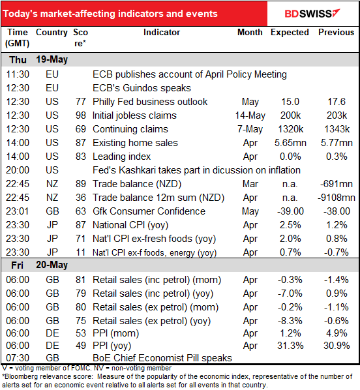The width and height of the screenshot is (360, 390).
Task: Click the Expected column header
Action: pyautogui.click(x=290, y=32)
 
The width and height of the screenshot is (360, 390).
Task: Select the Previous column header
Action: pyautogui.click(x=336, y=32)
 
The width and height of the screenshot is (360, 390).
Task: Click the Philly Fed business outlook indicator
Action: pyautogui.click(x=150, y=101)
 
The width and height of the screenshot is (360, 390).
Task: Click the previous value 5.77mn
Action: pyautogui.click(x=337, y=142)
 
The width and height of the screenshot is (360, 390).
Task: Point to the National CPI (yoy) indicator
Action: pyautogui.click(x=131, y=225)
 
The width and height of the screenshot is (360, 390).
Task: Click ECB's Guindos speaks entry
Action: pyautogui.click(x=142, y=87)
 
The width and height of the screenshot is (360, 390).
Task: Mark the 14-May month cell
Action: pyautogui.click(x=250, y=115)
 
